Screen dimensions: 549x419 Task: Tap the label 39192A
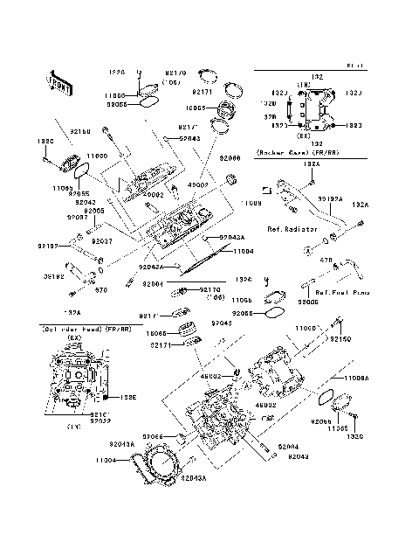click(x=329, y=198)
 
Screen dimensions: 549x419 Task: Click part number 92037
click(x=101, y=240)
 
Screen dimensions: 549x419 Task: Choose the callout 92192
click(x=47, y=247)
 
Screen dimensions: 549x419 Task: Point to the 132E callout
click(x=128, y=397)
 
